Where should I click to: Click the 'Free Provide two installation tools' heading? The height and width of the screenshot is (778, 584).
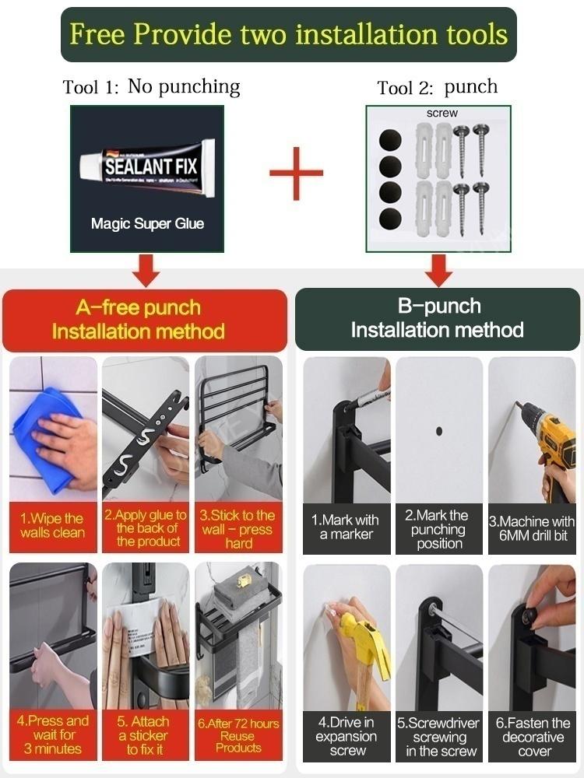point(289,34)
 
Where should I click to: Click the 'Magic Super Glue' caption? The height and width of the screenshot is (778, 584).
point(147,224)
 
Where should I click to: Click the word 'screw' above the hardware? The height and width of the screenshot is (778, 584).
point(442,114)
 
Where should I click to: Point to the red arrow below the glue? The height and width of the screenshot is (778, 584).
point(146,270)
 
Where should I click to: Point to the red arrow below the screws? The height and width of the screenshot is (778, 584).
point(438,270)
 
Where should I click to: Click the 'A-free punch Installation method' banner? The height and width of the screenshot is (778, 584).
point(145,320)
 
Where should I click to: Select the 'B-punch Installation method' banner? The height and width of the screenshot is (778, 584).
point(437,318)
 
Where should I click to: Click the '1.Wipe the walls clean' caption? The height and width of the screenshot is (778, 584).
point(52,526)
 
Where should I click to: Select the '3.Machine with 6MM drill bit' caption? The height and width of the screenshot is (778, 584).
point(532,528)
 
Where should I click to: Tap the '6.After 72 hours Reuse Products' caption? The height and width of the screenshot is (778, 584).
point(237,734)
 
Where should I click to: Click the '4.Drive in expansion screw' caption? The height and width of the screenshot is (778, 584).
point(347,736)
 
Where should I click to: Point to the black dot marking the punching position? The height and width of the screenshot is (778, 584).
point(439,430)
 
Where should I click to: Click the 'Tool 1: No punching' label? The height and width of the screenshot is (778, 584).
point(151,87)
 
